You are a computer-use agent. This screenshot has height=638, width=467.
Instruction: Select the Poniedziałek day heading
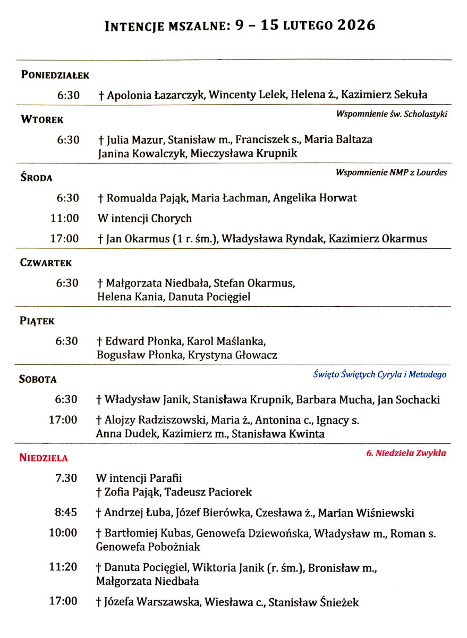coord(55,75)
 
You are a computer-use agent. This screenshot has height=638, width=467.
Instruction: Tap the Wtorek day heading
coord(42,120)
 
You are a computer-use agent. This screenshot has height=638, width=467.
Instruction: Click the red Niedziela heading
coord(44,458)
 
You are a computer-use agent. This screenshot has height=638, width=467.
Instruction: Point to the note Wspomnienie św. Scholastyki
coord(392,114)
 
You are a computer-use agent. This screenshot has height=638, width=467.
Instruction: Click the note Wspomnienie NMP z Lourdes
coord(391,172)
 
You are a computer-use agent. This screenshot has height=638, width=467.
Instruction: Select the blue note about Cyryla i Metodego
coord(379,374)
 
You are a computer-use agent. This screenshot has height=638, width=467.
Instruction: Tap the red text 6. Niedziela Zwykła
coord(406,454)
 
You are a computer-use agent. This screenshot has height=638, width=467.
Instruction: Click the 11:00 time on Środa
coord(64,219)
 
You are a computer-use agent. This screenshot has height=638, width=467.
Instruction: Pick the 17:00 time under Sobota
coord(63,420)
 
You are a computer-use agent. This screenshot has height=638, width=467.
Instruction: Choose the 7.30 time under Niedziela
coord(66,478)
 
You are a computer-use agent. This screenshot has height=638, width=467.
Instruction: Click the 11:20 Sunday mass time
coord(63,567)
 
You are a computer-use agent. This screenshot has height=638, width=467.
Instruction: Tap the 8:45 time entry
coord(66,513)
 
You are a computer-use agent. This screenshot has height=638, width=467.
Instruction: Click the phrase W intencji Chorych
coord(145,219)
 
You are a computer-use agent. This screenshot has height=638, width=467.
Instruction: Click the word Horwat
coord(337,198)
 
